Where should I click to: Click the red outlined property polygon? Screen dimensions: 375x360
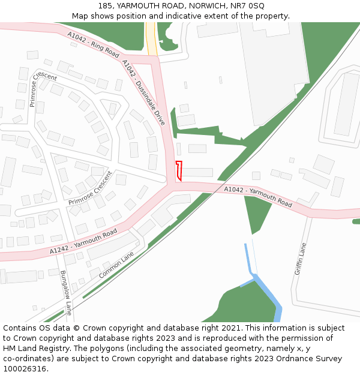click(178, 171)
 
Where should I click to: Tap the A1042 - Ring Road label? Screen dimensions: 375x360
click(94, 44)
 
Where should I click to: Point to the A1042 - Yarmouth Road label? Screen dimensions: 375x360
click(258, 197)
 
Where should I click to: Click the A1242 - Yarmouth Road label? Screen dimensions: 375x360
click(83, 241)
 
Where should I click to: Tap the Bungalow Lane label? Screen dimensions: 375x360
click(65, 293)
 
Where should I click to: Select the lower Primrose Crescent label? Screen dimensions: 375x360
click(90, 188)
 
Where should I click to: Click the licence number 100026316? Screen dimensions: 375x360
click(25, 368)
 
